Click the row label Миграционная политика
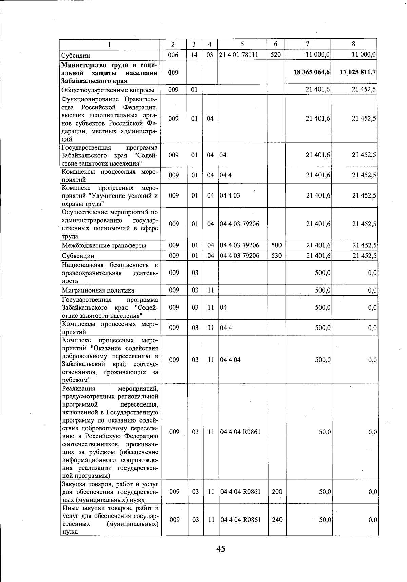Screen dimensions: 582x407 point(98,290)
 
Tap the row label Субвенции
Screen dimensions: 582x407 point(78,256)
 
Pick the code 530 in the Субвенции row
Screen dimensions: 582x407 point(276,256)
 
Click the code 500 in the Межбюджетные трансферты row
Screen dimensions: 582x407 point(276,245)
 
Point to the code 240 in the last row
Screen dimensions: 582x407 point(277,520)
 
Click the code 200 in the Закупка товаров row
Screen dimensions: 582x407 point(277,491)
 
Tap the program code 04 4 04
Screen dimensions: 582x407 point(230,360)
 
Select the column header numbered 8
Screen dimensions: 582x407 point(354,44)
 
